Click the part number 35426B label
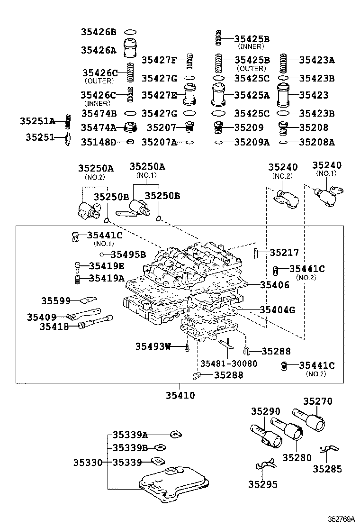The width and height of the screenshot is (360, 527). [x=99, y=32]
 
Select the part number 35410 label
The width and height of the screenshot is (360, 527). [x=180, y=395]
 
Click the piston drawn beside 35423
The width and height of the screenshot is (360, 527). [x=284, y=95]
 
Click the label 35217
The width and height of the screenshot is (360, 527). [x=284, y=253]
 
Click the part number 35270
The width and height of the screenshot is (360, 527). [x=317, y=401]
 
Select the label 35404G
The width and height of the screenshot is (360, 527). [x=277, y=310]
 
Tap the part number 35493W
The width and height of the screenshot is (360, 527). [x=153, y=346]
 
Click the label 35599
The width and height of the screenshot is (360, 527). [x=55, y=300]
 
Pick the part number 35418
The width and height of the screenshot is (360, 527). [x=54, y=327]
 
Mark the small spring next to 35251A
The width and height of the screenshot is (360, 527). [x=68, y=121]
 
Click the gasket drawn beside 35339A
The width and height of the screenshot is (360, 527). [x=176, y=434]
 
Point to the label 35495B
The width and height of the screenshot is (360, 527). [x=128, y=254]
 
